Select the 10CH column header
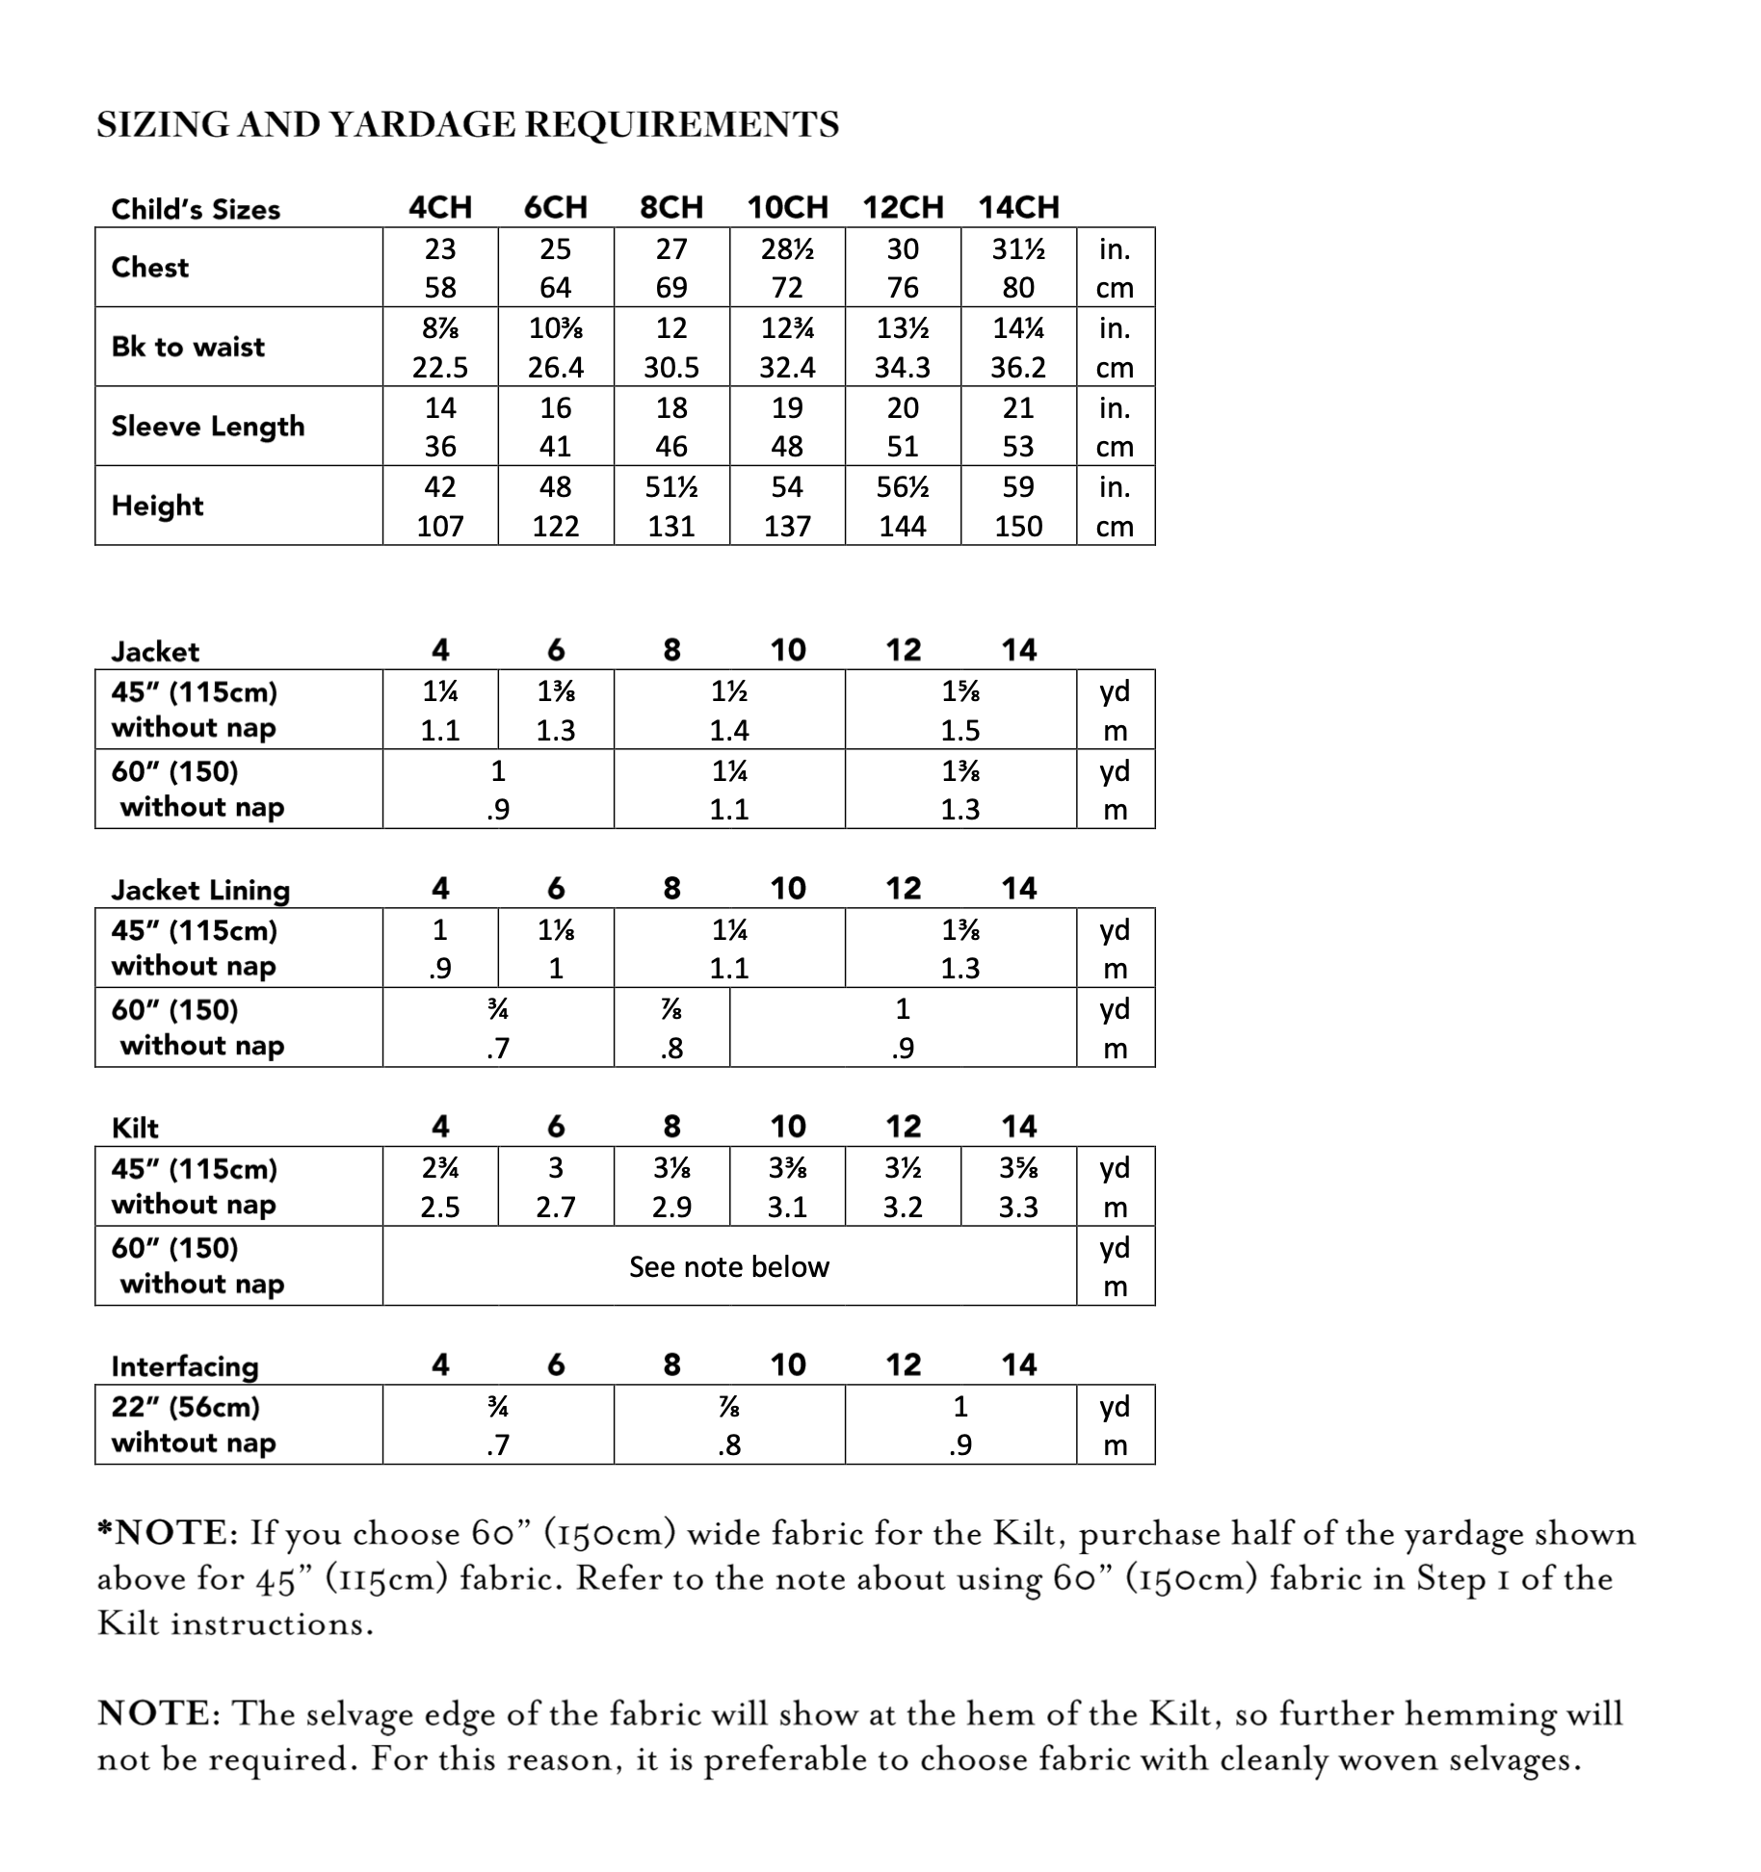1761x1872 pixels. (787, 207)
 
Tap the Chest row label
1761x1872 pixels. (149, 268)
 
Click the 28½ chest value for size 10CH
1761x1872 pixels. (787, 249)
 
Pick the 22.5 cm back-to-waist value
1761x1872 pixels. (440, 368)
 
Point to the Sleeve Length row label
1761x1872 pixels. (207, 427)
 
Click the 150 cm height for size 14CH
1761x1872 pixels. (1018, 527)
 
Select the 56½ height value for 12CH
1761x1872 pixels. (903, 487)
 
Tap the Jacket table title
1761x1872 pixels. (155, 652)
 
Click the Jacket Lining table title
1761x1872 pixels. (200, 890)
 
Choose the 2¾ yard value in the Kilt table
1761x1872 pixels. (440, 1168)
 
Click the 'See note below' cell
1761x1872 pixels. (729, 1266)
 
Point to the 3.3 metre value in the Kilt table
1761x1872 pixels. (1018, 1207)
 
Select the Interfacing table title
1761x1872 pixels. (185, 1366)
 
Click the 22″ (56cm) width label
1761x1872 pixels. (186, 1407)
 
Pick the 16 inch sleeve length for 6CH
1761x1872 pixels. (556, 408)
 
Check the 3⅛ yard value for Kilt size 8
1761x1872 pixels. (671, 1168)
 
